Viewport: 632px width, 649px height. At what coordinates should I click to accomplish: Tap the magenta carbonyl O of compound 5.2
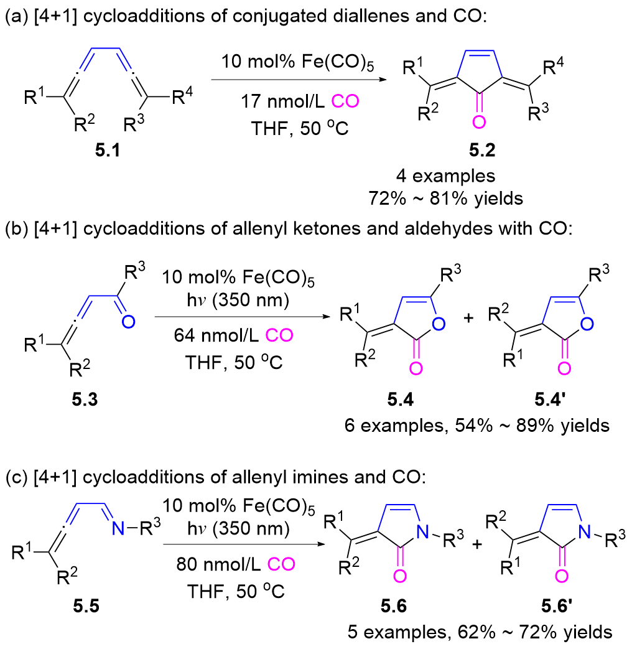click(477, 123)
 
